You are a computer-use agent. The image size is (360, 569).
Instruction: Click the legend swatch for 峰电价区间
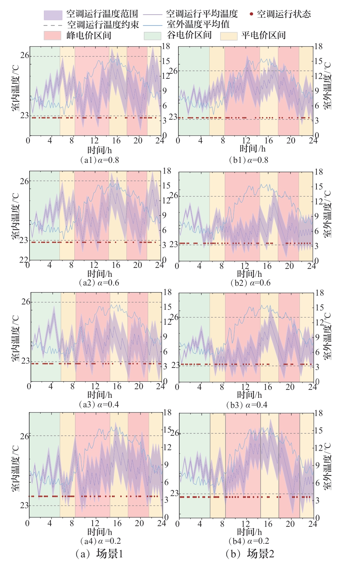(52, 36)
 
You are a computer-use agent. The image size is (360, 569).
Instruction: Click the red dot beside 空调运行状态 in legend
(251, 14)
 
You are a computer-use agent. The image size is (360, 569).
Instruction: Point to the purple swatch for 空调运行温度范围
(53, 15)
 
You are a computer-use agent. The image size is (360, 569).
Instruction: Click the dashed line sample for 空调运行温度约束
(53, 25)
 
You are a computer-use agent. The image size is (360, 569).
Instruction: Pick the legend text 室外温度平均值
(198, 25)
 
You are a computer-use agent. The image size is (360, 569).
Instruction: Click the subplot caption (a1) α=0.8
(100, 160)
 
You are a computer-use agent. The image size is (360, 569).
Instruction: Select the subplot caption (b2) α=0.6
(250, 283)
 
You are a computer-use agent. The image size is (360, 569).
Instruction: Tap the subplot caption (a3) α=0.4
(99, 404)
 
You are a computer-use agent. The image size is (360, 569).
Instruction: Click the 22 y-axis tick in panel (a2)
(24, 260)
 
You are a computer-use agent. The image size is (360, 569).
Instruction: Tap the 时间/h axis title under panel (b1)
(253, 149)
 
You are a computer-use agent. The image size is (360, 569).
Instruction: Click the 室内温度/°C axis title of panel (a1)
(15, 88)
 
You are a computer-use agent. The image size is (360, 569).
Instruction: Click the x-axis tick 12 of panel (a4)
(95, 523)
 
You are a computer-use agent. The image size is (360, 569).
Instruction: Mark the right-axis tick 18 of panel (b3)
(319, 293)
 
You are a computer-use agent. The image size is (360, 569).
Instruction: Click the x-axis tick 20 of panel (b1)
(291, 141)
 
